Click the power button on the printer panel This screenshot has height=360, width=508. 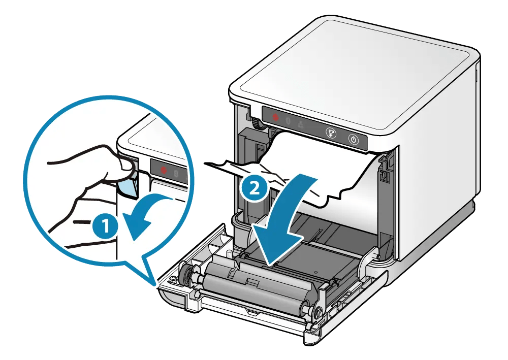click(354, 139)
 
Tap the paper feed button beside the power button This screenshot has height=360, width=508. click(331, 133)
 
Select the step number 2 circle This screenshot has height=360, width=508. click(252, 189)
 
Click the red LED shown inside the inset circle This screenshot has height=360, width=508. click(164, 171)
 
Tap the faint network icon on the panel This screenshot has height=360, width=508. click(301, 124)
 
